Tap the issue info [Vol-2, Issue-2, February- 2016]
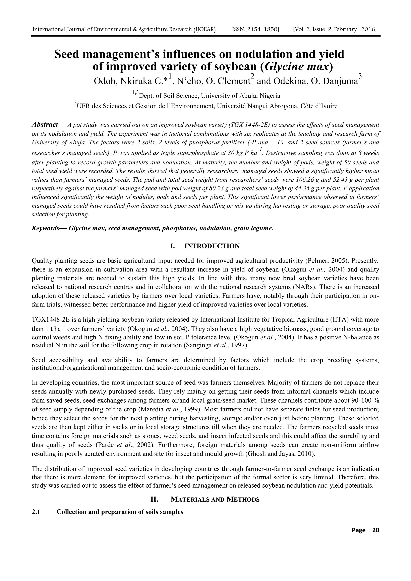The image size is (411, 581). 335,30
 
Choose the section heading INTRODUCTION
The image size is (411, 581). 212,246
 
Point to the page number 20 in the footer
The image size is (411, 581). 376,530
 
